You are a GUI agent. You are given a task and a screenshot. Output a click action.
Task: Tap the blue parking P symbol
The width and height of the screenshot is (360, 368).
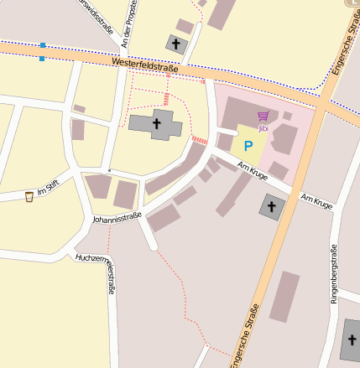pos(248,145)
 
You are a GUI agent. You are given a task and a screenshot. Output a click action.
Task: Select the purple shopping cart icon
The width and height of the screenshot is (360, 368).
pos(263,117)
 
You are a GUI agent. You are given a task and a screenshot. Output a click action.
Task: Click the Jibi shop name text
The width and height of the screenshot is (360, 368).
pos(263,128)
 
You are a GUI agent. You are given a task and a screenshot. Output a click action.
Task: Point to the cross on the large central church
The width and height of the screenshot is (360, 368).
pos(156,124)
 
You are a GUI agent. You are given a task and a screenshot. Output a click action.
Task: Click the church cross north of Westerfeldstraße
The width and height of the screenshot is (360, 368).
pos(175,43)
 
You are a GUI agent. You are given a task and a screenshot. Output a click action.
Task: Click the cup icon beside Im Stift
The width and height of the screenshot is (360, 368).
pos(29,196)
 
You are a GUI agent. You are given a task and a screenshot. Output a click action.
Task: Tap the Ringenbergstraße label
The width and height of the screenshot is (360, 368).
pos(334,272)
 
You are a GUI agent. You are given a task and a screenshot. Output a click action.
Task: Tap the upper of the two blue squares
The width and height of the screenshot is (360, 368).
pos(42,45)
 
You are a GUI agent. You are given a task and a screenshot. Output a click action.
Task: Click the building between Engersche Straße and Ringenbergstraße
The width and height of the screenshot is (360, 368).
pos(285,296)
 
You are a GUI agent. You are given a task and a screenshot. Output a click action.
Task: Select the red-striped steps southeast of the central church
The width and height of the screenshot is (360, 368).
pos(199,139)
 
